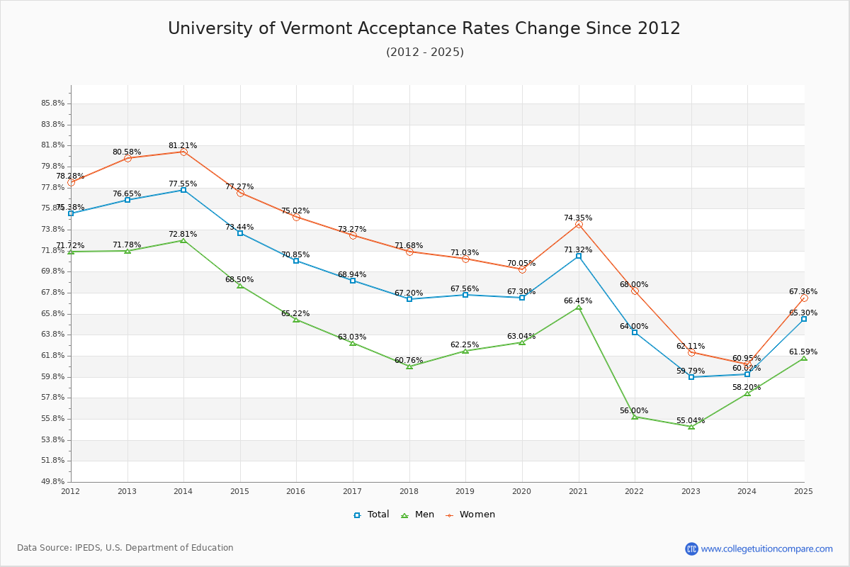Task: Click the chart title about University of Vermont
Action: (x=424, y=28)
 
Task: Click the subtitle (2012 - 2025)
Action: (x=424, y=52)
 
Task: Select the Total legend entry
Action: (x=372, y=515)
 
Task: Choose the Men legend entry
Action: (x=419, y=515)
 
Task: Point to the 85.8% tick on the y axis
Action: (x=53, y=103)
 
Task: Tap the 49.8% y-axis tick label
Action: (x=53, y=482)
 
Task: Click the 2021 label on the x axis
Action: (x=578, y=491)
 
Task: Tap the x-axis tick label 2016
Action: (x=296, y=491)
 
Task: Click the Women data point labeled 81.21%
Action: (x=183, y=152)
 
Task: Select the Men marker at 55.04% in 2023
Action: (x=691, y=427)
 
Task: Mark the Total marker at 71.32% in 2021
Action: (x=579, y=256)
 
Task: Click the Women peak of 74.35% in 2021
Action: (x=579, y=224)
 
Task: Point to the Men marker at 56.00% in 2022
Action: (x=635, y=417)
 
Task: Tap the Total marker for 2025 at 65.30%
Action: (x=804, y=319)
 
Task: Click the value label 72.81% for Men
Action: (x=183, y=235)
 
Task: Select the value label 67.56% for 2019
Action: (x=465, y=289)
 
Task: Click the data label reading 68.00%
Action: (x=634, y=285)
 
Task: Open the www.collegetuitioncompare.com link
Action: (x=766, y=549)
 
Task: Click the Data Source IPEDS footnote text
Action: (x=125, y=548)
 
